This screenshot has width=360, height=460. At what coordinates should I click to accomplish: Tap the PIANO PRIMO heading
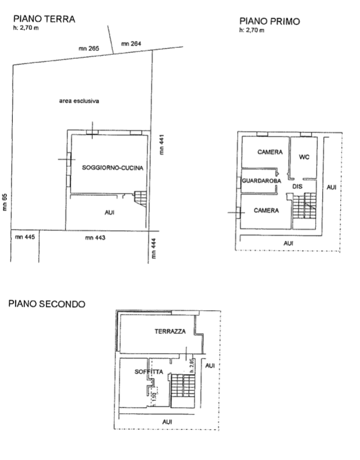pyautogui.click(x=270, y=22)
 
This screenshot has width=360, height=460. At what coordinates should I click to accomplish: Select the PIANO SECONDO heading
pyautogui.click(x=46, y=304)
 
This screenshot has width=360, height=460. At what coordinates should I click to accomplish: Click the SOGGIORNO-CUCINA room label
pyautogui.click(x=112, y=167)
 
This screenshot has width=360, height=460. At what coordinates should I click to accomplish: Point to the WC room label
pyautogui.click(x=303, y=157)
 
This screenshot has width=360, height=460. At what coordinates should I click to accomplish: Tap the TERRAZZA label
pyautogui.click(x=170, y=331)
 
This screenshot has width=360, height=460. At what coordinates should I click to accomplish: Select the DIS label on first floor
pyautogui.click(x=297, y=187)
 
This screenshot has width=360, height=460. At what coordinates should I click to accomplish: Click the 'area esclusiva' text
pyautogui.click(x=79, y=100)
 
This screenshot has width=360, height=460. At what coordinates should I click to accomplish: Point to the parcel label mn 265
pyautogui.click(x=89, y=48)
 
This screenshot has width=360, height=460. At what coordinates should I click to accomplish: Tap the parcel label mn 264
pyautogui.click(x=131, y=43)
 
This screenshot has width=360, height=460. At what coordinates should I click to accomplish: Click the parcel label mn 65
pyautogui.click(x=5, y=202)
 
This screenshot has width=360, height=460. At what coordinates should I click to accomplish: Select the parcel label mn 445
pyautogui.click(x=26, y=237)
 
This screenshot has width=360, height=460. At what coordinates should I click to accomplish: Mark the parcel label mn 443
pyautogui.click(x=94, y=237)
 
